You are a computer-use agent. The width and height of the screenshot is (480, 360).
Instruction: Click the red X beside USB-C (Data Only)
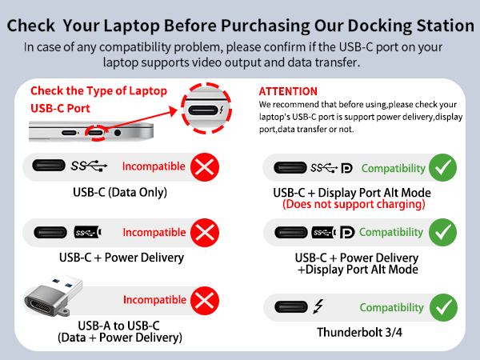click(x=206, y=167)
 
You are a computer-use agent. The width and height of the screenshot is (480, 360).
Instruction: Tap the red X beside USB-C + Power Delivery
click(x=206, y=233)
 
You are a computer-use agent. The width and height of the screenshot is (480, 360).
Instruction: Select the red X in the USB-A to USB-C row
click(x=206, y=301)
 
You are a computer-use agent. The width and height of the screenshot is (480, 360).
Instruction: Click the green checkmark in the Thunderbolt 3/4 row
click(x=442, y=307)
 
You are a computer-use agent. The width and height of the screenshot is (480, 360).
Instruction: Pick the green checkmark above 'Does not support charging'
click(x=442, y=168)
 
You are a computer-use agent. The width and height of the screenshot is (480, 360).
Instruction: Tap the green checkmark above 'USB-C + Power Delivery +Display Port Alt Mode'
click(x=442, y=232)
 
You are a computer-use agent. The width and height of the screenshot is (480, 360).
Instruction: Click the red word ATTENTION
click(x=288, y=91)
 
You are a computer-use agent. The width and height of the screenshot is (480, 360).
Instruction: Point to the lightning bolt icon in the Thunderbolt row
click(x=318, y=307)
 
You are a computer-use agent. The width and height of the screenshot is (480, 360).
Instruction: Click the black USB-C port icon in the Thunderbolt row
click(x=289, y=307)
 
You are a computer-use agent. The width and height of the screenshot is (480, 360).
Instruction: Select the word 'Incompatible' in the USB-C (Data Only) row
click(x=154, y=167)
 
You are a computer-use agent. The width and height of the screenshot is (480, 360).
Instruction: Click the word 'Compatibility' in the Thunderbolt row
click(x=391, y=307)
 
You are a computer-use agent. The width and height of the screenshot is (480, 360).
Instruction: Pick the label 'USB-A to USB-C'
click(x=119, y=325)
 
